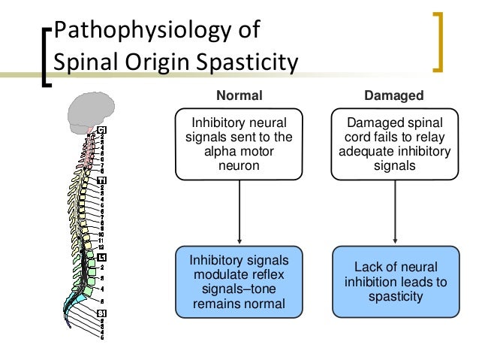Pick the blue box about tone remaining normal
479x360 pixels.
tap(239, 282)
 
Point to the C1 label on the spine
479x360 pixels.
tap(101, 131)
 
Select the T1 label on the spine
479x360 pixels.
tap(101, 180)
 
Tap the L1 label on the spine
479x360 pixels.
tap(100, 257)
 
